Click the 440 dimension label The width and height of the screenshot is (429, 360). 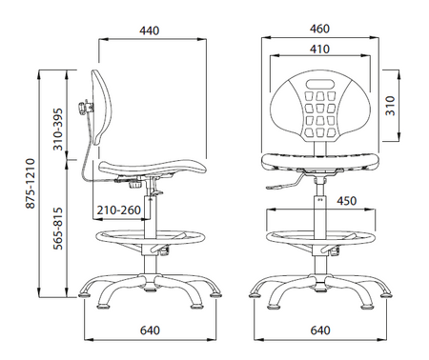tap(149, 30)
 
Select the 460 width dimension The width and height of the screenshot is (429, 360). tap(319, 29)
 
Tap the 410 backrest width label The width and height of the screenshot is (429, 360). tap(319, 50)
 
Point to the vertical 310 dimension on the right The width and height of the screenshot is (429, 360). tap(390, 106)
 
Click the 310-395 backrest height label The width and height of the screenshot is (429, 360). tap(58, 130)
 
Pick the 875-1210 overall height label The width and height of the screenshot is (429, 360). tap(31, 183)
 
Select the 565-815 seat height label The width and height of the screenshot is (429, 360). tap(58, 229)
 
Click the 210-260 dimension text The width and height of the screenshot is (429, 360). tap(119, 210)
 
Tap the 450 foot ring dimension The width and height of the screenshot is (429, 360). tap(347, 201)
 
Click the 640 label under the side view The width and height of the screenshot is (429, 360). tap(150, 330)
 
